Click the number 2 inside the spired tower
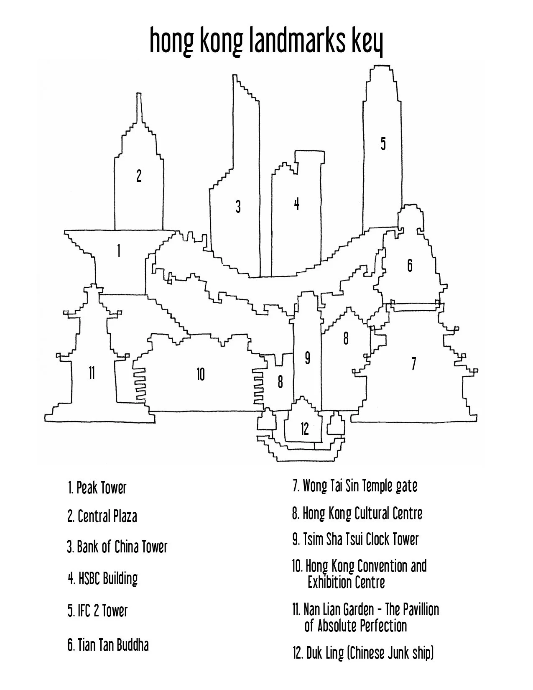[x=139, y=176]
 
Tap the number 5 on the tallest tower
[x=383, y=143]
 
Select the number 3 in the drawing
[x=238, y=206]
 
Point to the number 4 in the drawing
[x=296, y=204]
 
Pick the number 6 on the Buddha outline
[x=410, y=265]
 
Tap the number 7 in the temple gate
[x=413, y=363]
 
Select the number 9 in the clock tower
[x=307, y=358]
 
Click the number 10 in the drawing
[x=201, y=374]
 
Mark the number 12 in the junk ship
[x=304, y=429]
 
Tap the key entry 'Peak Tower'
[x=97, y=488]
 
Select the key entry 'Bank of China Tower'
[x=117, y=547]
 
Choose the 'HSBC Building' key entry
[x=103, y=579]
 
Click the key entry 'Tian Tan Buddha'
[x=108, y=645]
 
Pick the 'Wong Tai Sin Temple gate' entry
[x=354, y=486]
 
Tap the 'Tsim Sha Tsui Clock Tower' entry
[x=355, y=539]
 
